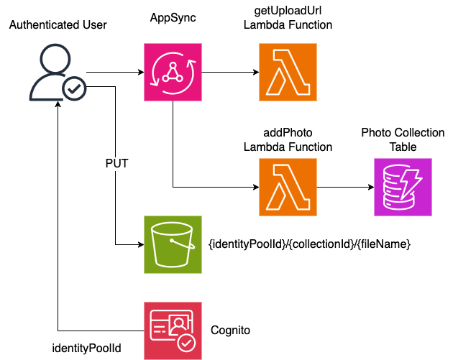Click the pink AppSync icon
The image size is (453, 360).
(173, 73)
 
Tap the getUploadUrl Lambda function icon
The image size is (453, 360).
(288, 73)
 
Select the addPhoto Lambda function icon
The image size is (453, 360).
(288, 188)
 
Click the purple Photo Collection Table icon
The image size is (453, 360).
(403, 188)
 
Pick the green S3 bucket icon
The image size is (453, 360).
(173, 244)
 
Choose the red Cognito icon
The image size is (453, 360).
(173, 331)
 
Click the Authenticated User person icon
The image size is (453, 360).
(52, 73)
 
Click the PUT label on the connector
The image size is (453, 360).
(116, 163)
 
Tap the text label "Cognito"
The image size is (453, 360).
(230, 331)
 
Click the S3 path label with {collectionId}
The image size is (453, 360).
(309, 245)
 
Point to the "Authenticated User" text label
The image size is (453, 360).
(58, 25)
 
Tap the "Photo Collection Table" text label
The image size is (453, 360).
(403, 140)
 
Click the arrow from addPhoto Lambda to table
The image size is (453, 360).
(345, 188)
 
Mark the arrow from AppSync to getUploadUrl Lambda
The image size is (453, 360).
(230, 73)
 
